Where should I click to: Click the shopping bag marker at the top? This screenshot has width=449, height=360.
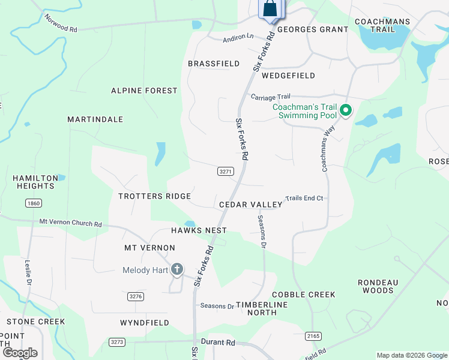[x=270, y=9]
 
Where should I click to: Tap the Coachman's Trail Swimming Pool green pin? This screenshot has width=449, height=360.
[x=345, y=111]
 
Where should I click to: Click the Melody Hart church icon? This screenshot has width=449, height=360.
[x=176, y=270]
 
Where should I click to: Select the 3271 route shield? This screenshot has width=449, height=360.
[x=225, y=172]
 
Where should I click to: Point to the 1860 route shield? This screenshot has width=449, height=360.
[x=34, y=203]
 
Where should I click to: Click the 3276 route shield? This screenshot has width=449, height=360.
[x=136, y=296]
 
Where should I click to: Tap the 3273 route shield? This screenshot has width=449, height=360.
[x=117, y=342]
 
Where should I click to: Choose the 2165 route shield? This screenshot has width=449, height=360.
[x=313, y=337]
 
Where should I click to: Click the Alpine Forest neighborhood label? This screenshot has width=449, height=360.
[x=144, y=91]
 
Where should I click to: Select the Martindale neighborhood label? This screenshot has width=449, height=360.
[x=95, y=119]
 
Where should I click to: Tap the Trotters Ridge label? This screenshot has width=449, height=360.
[x=154, y=196]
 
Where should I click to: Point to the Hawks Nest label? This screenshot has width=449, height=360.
[x=199, y=230]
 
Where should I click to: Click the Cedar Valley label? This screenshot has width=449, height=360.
[x=250, y=205]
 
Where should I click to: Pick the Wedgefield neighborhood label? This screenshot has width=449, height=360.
[x=288, y=76]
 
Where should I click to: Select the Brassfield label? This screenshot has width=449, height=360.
[x=214, y=64]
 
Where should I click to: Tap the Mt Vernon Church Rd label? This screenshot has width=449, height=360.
[x=70, y=223]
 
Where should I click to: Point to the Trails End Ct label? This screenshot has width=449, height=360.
[x=304, y=198]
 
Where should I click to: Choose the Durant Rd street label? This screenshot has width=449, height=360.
[x=217, y=343]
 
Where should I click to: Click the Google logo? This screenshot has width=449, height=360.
[x=20, y=353]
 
